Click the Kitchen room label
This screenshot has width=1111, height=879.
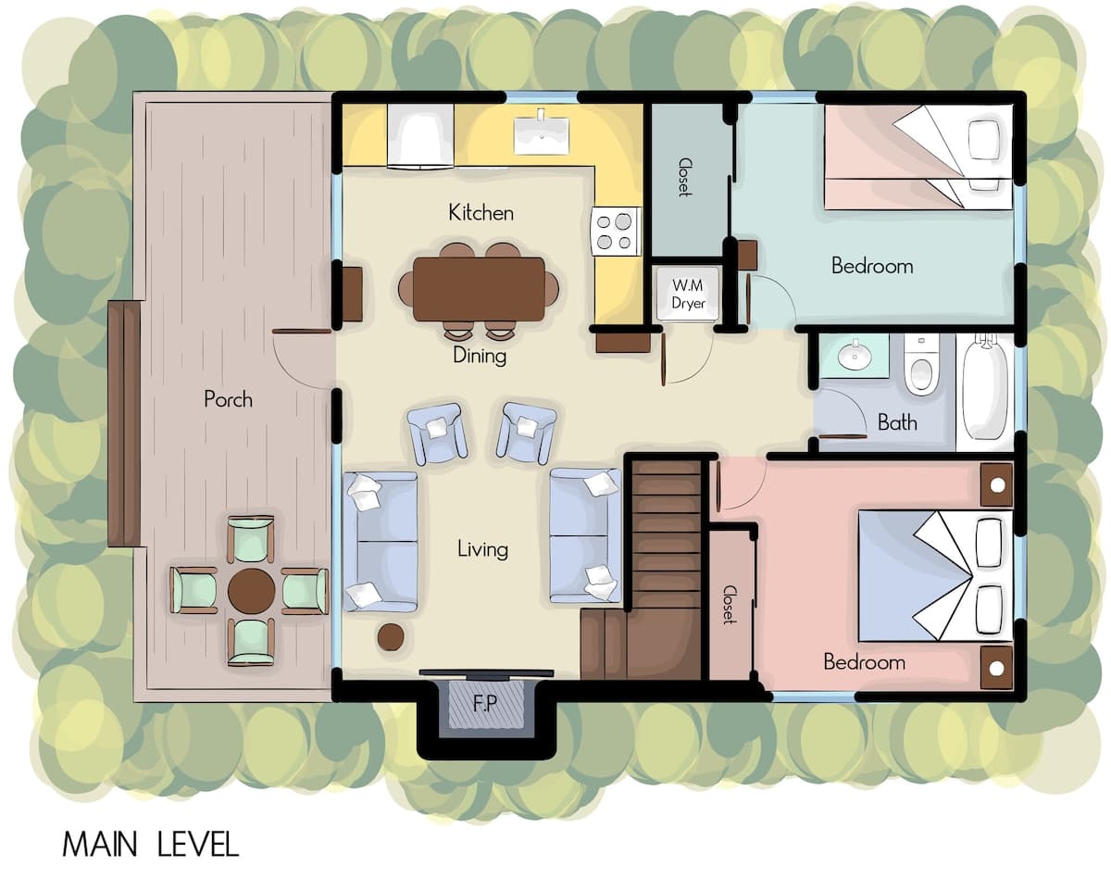pos(481,213)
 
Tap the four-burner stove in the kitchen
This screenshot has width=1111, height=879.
pos(616,232)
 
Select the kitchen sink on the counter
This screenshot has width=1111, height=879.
pos(542,136)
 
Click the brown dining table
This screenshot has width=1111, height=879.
pos(479,289)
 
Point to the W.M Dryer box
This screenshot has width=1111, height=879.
pos(687,294)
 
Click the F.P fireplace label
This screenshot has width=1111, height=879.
pos(485,703)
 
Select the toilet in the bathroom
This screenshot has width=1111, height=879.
pos(921,365)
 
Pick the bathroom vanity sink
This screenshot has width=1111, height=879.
pos(855,356)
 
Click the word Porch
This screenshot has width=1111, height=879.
pos(228,399)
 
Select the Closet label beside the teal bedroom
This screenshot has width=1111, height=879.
pos(685,177)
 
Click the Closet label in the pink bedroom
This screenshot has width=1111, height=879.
pos(729,605)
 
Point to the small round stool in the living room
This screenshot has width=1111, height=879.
pos(391,637)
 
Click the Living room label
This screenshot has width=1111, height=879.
pos(482,549)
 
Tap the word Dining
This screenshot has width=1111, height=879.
pos(480,356)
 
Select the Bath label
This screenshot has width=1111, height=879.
pos(898,422)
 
